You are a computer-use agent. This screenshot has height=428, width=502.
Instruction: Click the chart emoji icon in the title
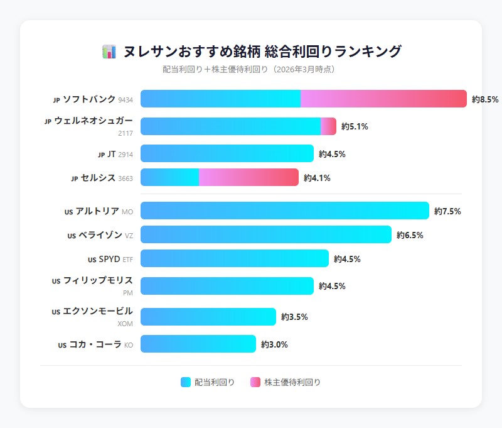[x=109, y=52]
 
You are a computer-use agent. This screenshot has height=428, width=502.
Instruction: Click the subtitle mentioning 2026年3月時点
[x=250, y=69]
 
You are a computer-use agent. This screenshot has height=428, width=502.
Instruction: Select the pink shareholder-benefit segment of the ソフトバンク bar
[x=383, y=99]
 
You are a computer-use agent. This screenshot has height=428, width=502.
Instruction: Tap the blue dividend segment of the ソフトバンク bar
[x=220, y=99]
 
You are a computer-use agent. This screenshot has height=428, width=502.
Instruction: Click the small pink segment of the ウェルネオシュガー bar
[x=328, y=126]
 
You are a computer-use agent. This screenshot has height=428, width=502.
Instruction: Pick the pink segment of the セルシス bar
[x=248, y=177]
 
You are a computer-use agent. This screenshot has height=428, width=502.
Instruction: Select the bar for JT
[x=227, y=153]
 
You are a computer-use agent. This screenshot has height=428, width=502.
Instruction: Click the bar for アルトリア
[x=284, y=211]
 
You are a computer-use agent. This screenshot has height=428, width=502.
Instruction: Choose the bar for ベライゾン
[x=265, y=234]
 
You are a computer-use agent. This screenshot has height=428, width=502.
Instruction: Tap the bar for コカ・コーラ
[x=198, y=344]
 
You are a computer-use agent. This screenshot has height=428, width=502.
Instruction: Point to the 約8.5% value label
[x=485, y=99]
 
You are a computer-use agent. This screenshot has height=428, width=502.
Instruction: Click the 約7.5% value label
[x=447, y=211]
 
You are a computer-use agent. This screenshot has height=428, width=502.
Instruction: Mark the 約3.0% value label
[x=274, y=344]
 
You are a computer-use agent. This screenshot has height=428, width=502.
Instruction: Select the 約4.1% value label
[x=317, y=178]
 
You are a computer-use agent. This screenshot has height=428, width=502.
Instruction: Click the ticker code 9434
[x=125, y=100]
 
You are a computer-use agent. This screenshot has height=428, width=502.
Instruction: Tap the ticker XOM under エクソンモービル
[x=125, y=324]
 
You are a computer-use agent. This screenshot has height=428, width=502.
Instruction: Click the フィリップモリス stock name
[x=98, y=280]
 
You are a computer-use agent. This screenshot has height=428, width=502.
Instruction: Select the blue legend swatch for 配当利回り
[x=185, y=382]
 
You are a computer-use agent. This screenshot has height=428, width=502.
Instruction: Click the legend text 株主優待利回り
[x=292, y=382]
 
